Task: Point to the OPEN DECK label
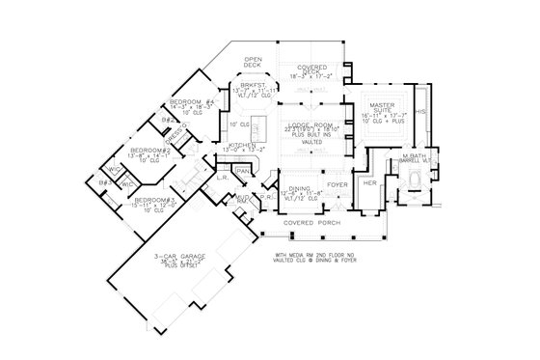pyautogui.click(x=254, y=60)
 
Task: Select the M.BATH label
pyautogui.click(x=416, y=155)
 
